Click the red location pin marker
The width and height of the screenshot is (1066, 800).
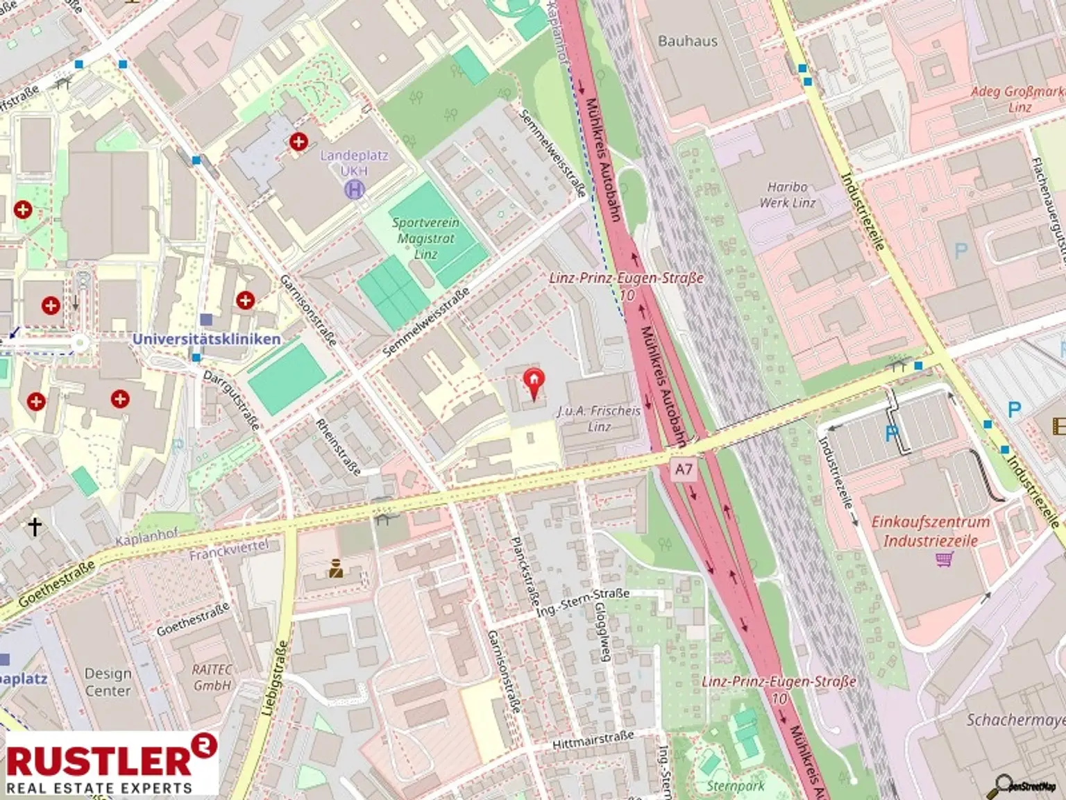533,383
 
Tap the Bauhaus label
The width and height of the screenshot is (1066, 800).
687,41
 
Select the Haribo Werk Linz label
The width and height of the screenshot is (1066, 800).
788,195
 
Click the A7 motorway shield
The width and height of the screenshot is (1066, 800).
684,469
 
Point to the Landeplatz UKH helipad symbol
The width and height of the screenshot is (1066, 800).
355,188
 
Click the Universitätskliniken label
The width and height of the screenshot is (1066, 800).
206,339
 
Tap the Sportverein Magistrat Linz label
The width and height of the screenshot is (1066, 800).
425,238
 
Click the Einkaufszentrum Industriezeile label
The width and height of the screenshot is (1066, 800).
930,531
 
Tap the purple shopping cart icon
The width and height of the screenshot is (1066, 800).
944,559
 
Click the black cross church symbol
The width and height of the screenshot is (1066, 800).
35,526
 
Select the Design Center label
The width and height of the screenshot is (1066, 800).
108,682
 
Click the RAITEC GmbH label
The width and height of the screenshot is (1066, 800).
212,677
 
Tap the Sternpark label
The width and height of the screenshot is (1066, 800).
736,786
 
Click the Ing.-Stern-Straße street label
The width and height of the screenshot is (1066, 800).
583,602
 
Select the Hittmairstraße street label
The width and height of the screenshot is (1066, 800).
593,741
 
